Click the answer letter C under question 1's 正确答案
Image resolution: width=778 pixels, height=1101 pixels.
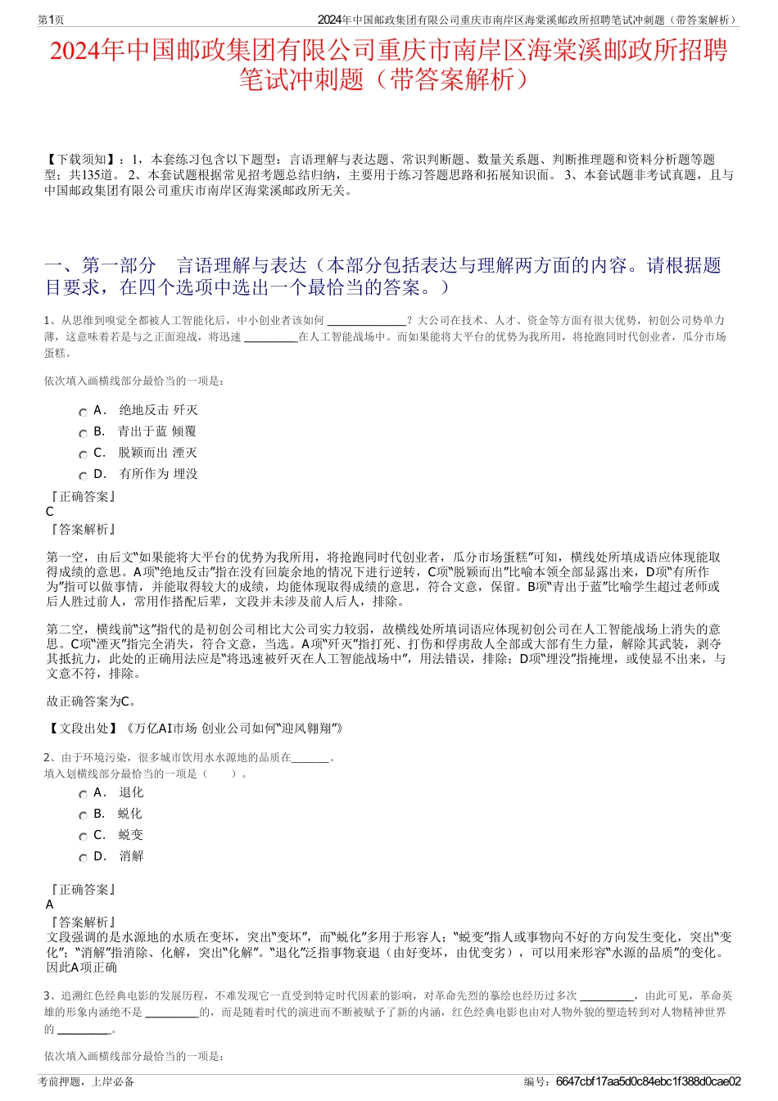(x=50, y=512)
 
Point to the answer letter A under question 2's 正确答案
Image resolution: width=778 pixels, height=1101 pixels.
(x=50, y=905)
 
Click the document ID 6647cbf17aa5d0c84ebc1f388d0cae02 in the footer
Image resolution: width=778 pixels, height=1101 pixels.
(x=648, y=1081)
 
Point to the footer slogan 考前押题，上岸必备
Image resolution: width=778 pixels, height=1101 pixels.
(x=86, y=1081)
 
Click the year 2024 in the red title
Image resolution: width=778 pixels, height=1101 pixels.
(x=76, y=51)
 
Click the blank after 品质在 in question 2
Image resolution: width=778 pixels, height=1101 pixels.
(x=310, y=758)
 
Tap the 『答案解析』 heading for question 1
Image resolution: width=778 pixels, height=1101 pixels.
(x=83, y=530)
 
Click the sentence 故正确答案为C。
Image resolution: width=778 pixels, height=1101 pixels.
(x=91, y=702)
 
